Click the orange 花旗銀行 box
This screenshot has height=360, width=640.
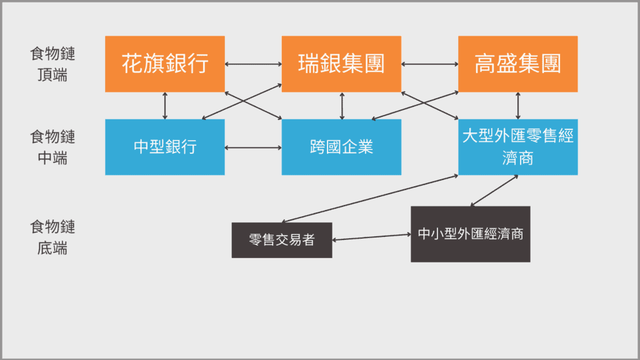[x=165, y=64]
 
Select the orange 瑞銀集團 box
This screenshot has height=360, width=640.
[x=341, y=64]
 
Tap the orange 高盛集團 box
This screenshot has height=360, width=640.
[x=517, y=64]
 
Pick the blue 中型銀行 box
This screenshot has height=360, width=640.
[x=165, y=147]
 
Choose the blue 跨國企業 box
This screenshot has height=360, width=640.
[x=341, y=147]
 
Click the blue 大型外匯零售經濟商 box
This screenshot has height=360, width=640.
[x=517, y=147]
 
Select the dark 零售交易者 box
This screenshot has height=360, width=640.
[x=282, y=240]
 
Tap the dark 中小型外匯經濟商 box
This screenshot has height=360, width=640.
[x=470, y=234]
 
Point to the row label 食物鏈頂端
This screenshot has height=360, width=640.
[x=52, y=64]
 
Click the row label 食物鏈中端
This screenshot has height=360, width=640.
[x=52, y=147]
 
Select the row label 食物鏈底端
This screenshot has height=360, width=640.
[x=52, y=237]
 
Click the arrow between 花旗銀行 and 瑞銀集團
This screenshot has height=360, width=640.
[x=253, y=64]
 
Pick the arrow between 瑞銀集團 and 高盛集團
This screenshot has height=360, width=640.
[x=429, y=64]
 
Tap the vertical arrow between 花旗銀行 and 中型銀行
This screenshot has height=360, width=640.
[x=165, y=106]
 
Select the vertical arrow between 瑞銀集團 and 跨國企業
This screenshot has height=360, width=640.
[x=342, y=106]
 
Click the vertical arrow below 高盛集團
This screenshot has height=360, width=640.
[x=518, y=106]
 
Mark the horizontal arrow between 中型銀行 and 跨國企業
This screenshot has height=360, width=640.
[x=253, y=147]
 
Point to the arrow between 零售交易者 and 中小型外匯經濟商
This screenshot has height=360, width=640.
[x=371, y=237]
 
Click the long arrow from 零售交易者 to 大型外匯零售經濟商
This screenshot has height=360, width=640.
[x=370, y=199]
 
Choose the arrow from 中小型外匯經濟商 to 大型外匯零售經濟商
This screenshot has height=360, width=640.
[x=494, y=191]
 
